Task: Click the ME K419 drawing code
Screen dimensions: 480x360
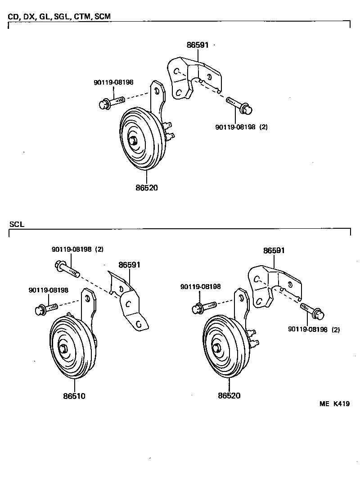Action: (334, 403)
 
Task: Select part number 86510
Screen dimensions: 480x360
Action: (74, 396)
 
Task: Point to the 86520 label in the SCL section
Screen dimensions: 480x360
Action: (229, 396)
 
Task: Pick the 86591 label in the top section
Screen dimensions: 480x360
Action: (198, 45)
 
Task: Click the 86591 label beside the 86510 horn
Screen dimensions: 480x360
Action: (130, 265)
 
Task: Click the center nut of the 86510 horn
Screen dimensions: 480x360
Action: (63, 349)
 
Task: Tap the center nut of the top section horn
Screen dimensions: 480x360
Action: (133, 140)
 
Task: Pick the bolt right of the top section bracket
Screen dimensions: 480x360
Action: (239, 104)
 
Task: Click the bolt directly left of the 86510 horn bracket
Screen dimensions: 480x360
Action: (45, 309)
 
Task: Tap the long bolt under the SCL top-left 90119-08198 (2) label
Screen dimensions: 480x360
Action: (67, 269)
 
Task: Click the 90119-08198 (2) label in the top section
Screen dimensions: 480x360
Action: (241, 127)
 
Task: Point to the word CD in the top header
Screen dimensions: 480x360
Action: (13, 17)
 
